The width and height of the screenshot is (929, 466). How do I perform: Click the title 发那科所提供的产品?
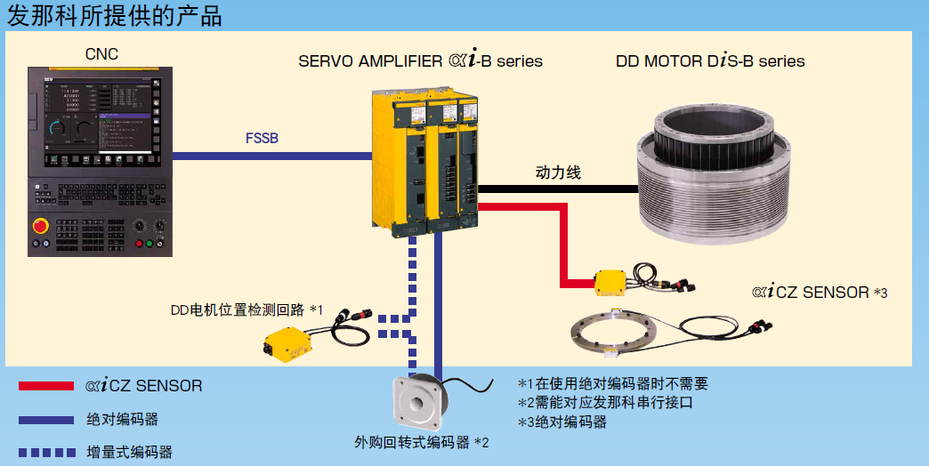114,15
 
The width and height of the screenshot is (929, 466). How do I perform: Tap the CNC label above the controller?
101,54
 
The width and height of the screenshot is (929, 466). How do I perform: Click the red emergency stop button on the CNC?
41,226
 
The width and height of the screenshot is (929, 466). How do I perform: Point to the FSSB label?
262,138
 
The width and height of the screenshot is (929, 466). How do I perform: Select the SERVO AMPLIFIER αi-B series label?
420,61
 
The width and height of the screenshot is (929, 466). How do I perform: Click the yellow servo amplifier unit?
425,160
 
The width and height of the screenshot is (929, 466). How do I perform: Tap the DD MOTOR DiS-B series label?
710,61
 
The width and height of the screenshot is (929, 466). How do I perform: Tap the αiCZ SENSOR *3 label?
820,292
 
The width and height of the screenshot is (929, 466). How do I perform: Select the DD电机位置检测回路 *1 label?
246,310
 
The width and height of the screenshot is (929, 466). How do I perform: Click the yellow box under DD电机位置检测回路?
291,343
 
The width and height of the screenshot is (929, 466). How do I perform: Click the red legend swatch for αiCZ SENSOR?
46,386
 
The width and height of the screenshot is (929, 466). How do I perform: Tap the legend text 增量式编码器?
130,452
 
